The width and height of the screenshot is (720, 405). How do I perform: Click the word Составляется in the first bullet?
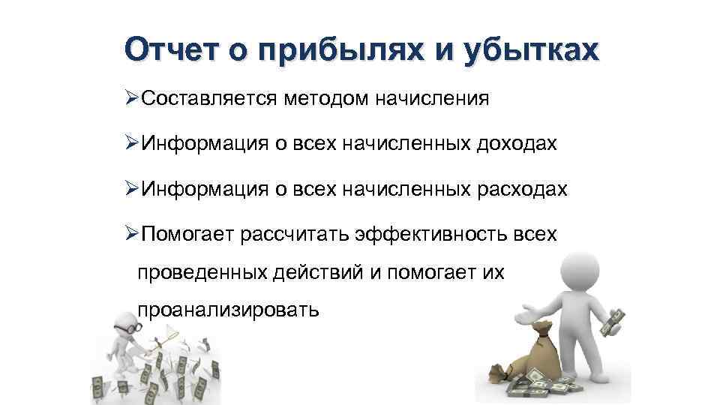pos(208,98)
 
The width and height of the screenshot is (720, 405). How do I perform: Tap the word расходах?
pos(522,189)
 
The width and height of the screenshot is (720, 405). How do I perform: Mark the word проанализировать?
pos(228,309)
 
